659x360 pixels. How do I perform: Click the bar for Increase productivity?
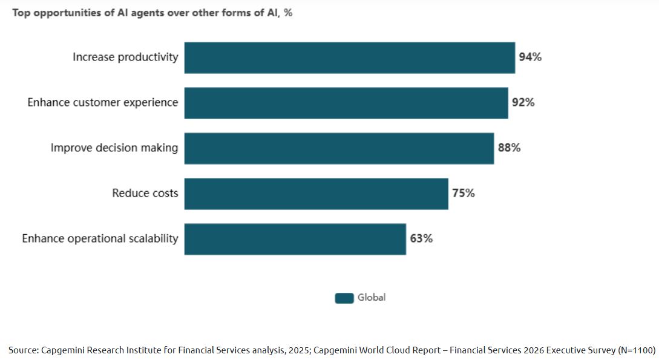point(349,57)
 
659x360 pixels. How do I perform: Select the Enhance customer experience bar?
point(346,103)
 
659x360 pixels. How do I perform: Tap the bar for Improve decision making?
point(339,148)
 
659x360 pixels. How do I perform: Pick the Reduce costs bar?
point(316,194)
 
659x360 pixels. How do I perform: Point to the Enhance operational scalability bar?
point(295,239)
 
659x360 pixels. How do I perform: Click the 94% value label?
point(530,57)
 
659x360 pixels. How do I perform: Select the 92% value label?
point(523,103)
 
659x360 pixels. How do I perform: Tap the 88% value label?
point(509,148)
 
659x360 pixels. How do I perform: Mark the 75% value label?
point(464,194)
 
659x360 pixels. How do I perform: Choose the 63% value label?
point(421,239)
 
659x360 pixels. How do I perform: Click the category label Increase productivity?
point(125,57)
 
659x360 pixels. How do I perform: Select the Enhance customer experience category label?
point(103,103)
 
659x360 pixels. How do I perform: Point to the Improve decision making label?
point(114,148)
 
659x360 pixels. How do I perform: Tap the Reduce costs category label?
point(145,194)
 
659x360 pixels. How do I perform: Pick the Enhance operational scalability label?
point(100,239)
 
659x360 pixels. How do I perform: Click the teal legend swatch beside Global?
point(344,298)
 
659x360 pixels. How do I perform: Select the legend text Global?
point(372,298)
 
